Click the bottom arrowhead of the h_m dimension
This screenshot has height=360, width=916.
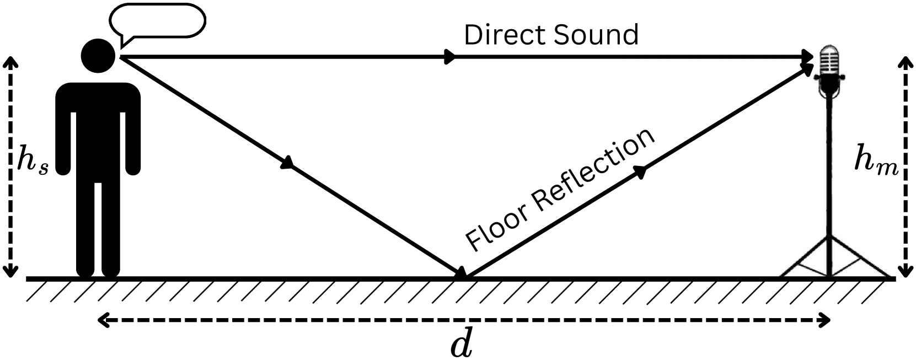coord(905,271)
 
